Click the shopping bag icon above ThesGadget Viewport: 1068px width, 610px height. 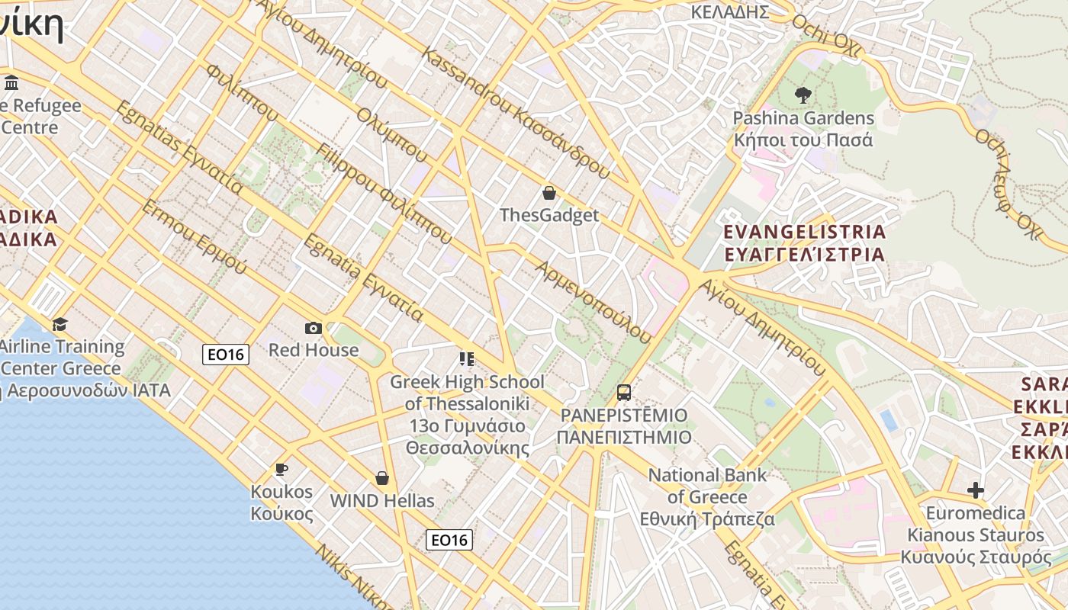[x=548, y=193]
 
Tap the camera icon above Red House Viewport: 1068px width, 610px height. [x=313, y=328]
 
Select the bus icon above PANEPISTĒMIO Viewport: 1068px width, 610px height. [x=624, y=393]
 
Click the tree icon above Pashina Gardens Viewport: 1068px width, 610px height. [x=802, y=95]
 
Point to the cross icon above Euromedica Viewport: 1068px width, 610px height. [x=975, y=490]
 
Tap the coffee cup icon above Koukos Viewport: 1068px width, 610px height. [x=281, y=469]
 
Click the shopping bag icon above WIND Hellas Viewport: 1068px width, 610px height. [x=382, y=478]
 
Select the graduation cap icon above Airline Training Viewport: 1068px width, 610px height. [x=60, y=325]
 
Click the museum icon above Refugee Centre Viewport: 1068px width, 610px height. [x=11, y=82]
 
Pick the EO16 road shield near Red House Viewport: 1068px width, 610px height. [x=226, y=354]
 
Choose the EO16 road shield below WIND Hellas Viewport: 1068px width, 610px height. [x=449, y=540]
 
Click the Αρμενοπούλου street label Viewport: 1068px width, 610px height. [x=594, y=302]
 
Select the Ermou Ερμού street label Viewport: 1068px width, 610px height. [x=194, y=237]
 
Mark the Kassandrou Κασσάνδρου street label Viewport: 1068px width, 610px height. [x=516, y=113]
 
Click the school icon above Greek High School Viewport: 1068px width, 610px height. [x=467, y=358]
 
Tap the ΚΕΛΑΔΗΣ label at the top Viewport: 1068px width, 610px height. [x=729, y=11]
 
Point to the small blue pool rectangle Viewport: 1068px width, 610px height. [x=889, y=420]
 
